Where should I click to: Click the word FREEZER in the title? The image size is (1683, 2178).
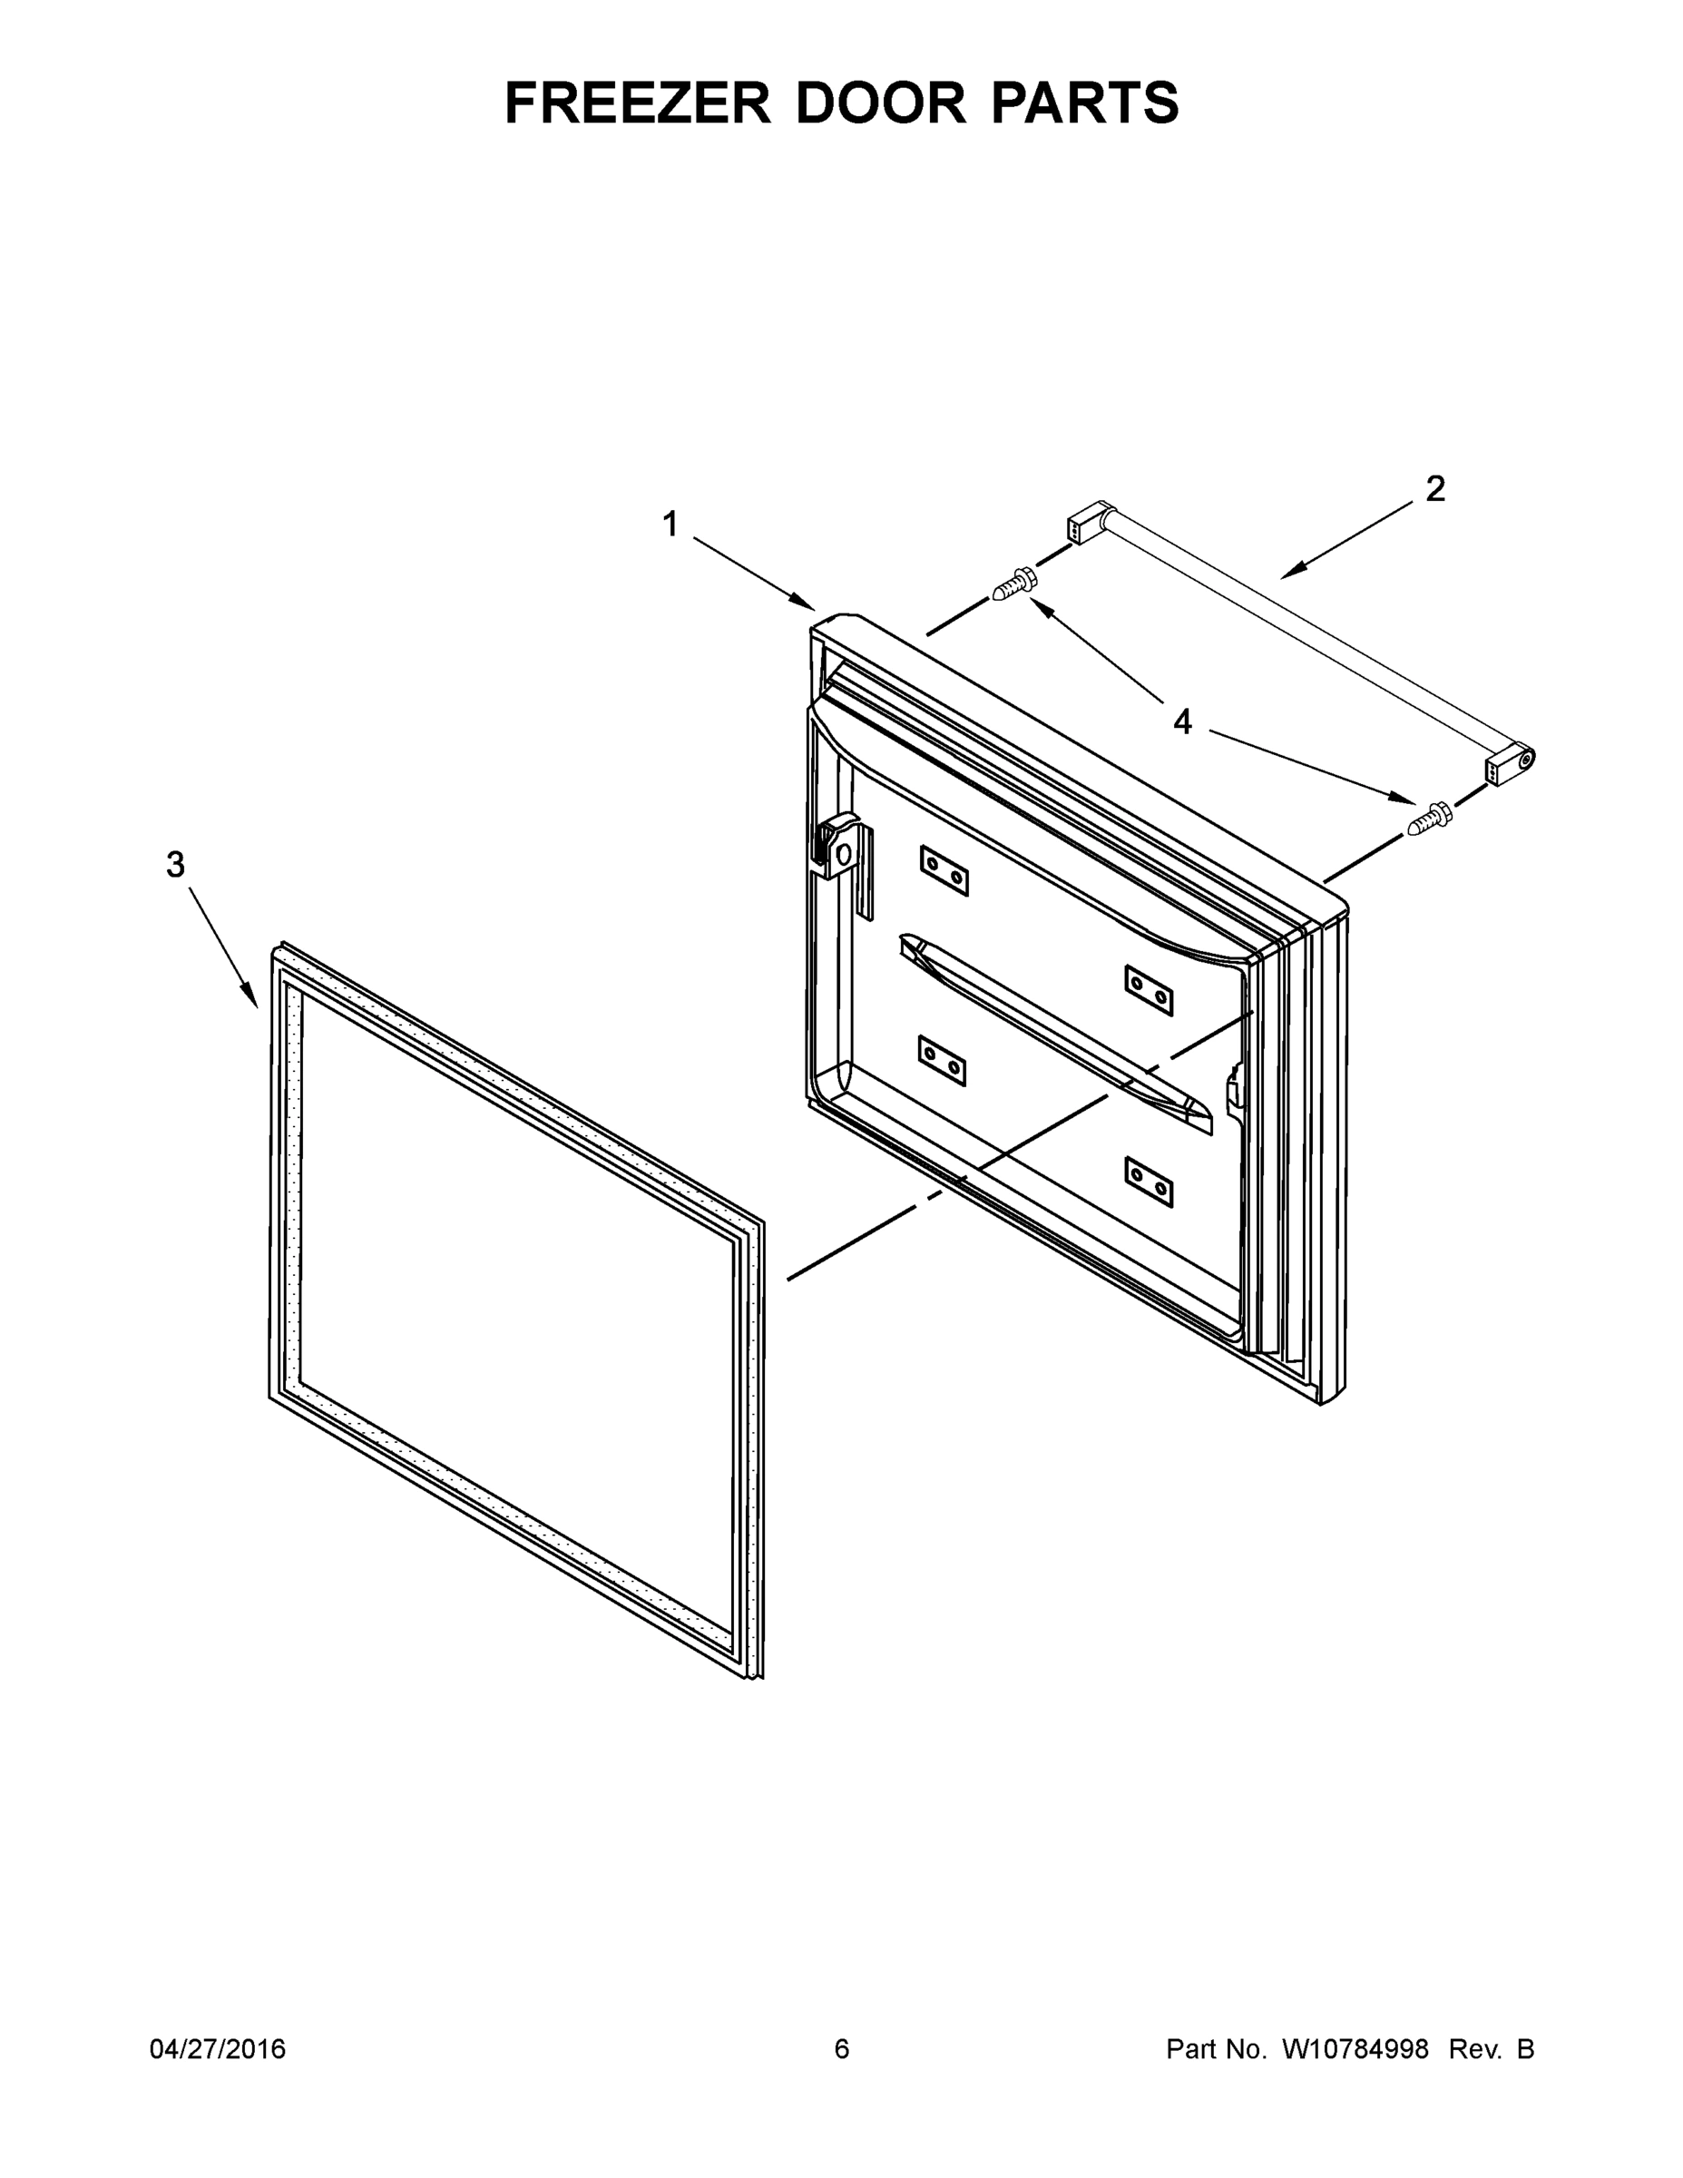(x=637, y=103)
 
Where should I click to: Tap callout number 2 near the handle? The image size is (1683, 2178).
(x=1434, y=488)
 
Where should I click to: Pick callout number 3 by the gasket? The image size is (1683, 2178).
(x=175, y=865)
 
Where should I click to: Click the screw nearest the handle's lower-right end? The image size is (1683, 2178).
(x=1429, y=818)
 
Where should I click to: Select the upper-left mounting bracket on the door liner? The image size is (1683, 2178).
(x=944, y=869)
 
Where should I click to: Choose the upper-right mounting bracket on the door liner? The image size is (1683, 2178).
(x=1149, y=989)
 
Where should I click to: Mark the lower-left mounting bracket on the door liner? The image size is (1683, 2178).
(x=942, y=1060)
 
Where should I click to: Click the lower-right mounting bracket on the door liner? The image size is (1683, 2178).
(x=1149, y=1181)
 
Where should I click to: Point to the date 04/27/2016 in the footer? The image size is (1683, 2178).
(x=218, y=2048)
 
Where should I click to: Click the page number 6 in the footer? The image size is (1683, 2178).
(x=842, y=2048)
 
